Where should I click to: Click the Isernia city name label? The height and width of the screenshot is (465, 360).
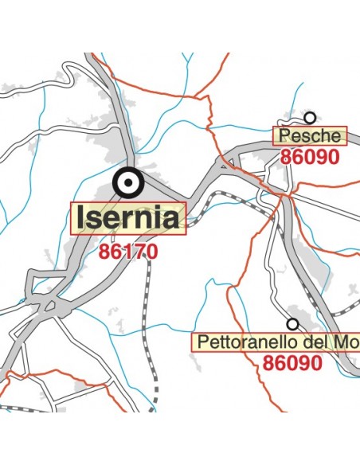[128, 217]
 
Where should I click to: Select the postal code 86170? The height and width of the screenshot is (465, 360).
[128, 252]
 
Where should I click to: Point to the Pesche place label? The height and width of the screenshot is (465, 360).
[311, 136]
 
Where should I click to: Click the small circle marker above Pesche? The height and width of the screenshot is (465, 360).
[310, 117]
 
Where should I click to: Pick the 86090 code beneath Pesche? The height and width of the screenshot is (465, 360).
[310, 157]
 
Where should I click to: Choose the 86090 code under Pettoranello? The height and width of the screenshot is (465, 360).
[292, 364]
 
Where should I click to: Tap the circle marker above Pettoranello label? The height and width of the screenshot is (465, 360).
[293, 324]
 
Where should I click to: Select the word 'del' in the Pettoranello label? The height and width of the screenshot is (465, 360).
[318, 343]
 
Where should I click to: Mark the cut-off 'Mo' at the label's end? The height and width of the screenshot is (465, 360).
[346, 343]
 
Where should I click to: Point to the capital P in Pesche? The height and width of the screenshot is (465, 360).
[283, 136]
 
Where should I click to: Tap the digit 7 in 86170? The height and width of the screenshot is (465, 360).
[137, 252]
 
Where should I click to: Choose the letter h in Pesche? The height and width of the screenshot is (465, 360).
[324, 136]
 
